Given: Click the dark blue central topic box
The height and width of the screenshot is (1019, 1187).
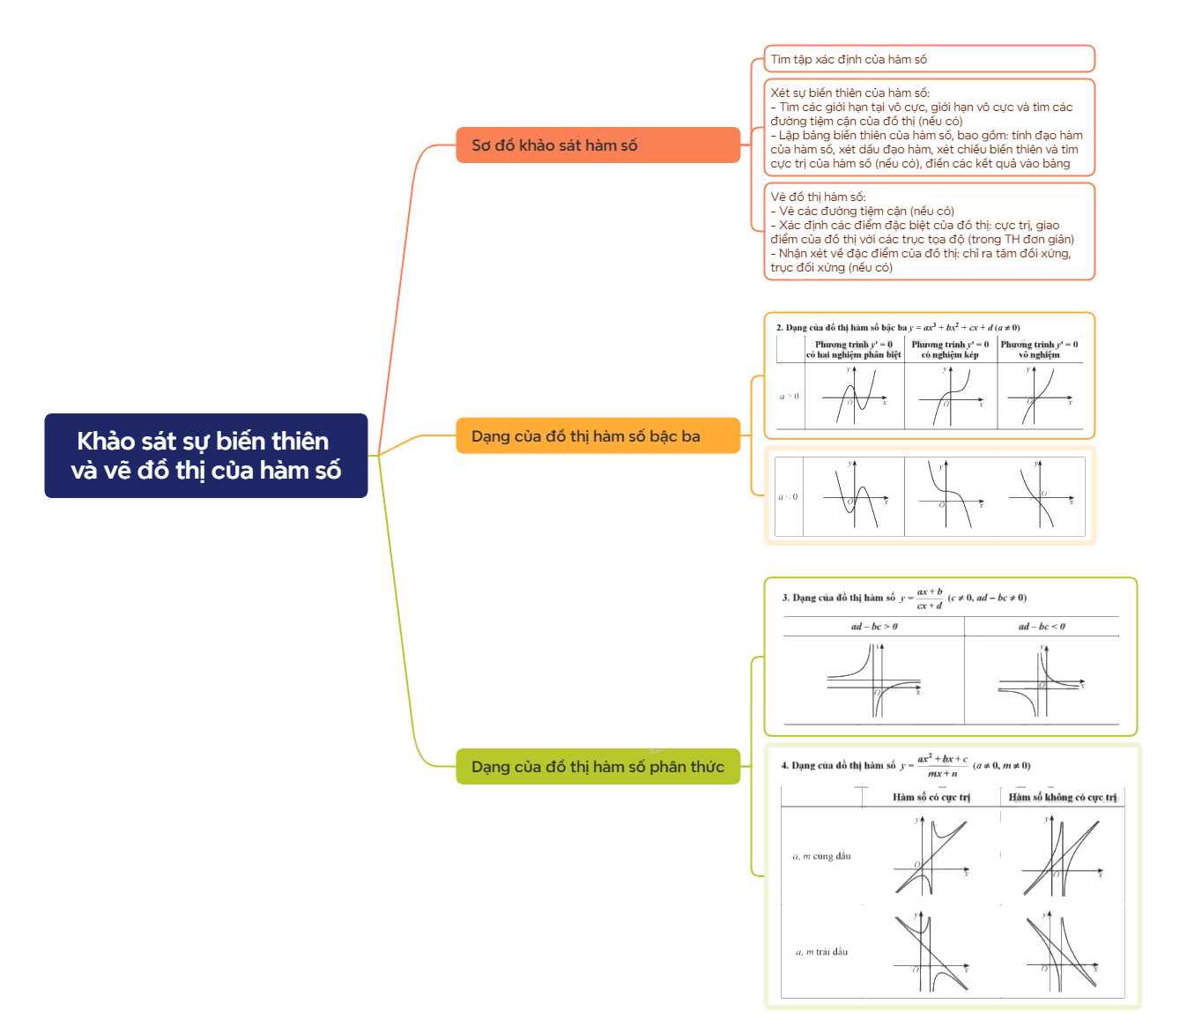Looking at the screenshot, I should [205, 456].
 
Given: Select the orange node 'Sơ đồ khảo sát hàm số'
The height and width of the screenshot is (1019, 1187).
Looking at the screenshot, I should [597, 145].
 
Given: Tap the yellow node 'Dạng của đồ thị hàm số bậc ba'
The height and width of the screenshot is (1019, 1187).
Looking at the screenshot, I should [597, 435].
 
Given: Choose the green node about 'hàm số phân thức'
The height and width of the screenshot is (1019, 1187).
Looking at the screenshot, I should [597, 767].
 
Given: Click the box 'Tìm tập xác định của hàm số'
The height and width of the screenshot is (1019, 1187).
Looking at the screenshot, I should [929, 59].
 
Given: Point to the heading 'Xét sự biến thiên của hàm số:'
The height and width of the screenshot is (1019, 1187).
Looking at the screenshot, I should [849, 93].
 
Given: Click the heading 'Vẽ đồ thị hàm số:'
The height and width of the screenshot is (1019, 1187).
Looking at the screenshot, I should [818, 197].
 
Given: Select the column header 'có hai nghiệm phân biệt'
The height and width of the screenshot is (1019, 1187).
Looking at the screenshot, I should [853, 354].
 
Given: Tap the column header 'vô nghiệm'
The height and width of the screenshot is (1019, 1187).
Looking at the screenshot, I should [1039, 354].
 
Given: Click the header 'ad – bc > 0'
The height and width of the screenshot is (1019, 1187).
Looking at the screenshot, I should [874, 627].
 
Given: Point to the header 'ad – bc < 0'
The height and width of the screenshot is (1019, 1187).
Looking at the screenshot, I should [1042, 627].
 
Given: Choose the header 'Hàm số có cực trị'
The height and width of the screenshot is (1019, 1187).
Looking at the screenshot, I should [931, 797].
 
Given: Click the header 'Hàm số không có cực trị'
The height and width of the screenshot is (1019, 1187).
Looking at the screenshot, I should [1063, 797].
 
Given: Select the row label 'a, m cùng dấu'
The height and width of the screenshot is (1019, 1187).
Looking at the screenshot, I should [821, 856].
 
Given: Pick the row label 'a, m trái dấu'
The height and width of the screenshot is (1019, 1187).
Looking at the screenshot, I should [821, 952].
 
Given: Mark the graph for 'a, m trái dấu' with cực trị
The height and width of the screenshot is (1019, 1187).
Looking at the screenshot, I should [931, 954].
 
